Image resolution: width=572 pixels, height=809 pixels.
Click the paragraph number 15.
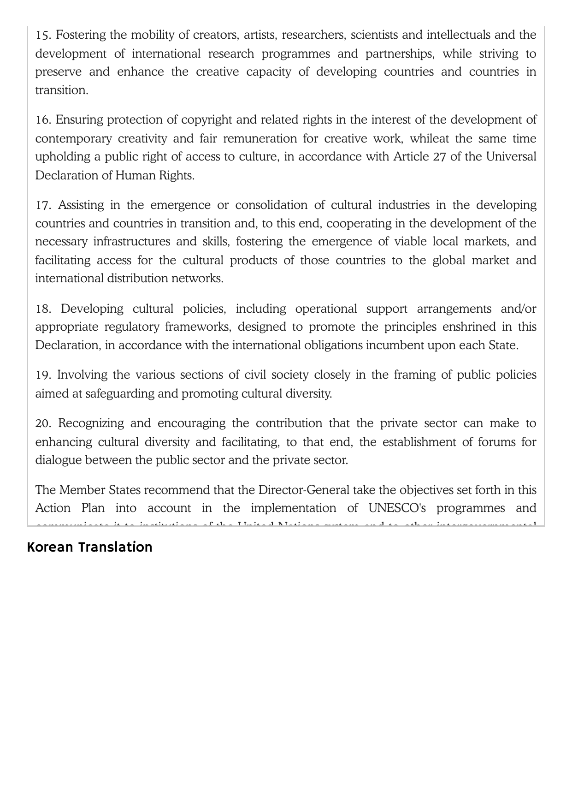click(x=43, y=35)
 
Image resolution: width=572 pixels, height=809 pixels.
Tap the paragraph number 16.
click(x=43, y=120)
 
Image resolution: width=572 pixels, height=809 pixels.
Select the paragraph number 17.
click(x=43, y=205)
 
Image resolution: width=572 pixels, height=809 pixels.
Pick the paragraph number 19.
click(x=43, y=375)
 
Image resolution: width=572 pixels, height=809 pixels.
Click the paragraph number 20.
click(x=44, y=423)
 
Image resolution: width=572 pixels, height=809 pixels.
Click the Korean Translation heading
click(x=89, y=547)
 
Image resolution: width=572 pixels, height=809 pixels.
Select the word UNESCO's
click(x=397, y=508)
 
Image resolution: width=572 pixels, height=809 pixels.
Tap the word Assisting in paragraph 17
click(x=81, y=205)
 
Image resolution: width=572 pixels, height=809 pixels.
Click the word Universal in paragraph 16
click(x=511, y=157)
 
